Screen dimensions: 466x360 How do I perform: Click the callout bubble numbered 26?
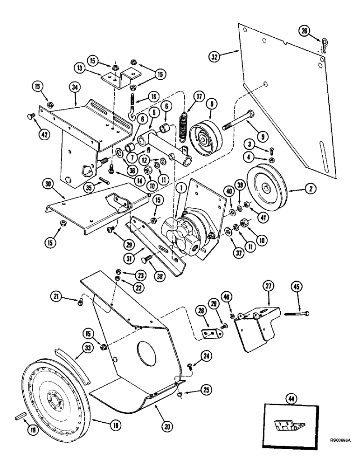coord(304,31)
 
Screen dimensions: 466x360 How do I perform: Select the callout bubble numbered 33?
coord(76,347)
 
